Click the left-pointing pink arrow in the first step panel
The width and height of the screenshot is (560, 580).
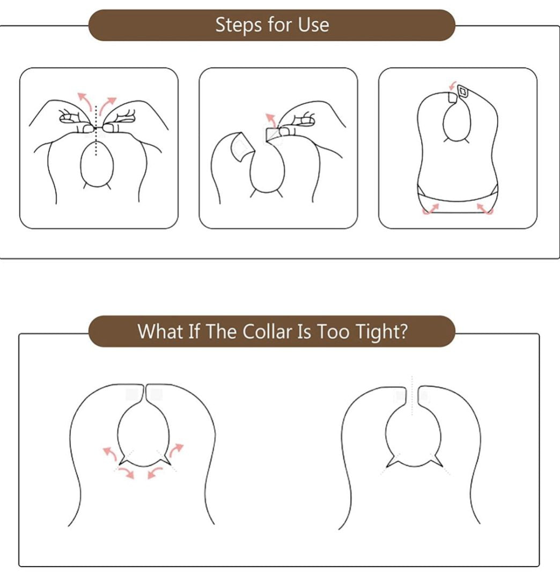85,101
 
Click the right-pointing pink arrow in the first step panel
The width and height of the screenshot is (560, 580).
107,105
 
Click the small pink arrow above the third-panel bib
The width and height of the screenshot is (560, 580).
453,85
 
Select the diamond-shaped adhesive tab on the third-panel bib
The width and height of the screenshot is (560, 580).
462,91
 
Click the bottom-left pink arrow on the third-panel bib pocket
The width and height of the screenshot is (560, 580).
430,209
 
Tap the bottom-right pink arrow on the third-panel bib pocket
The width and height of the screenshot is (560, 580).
485,208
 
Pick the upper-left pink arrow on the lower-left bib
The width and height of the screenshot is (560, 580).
110,453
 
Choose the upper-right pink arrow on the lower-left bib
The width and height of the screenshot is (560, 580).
176,450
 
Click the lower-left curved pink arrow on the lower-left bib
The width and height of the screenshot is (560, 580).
127,473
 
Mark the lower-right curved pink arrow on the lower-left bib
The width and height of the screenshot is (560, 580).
154,473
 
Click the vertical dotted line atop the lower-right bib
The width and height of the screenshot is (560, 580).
412,395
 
